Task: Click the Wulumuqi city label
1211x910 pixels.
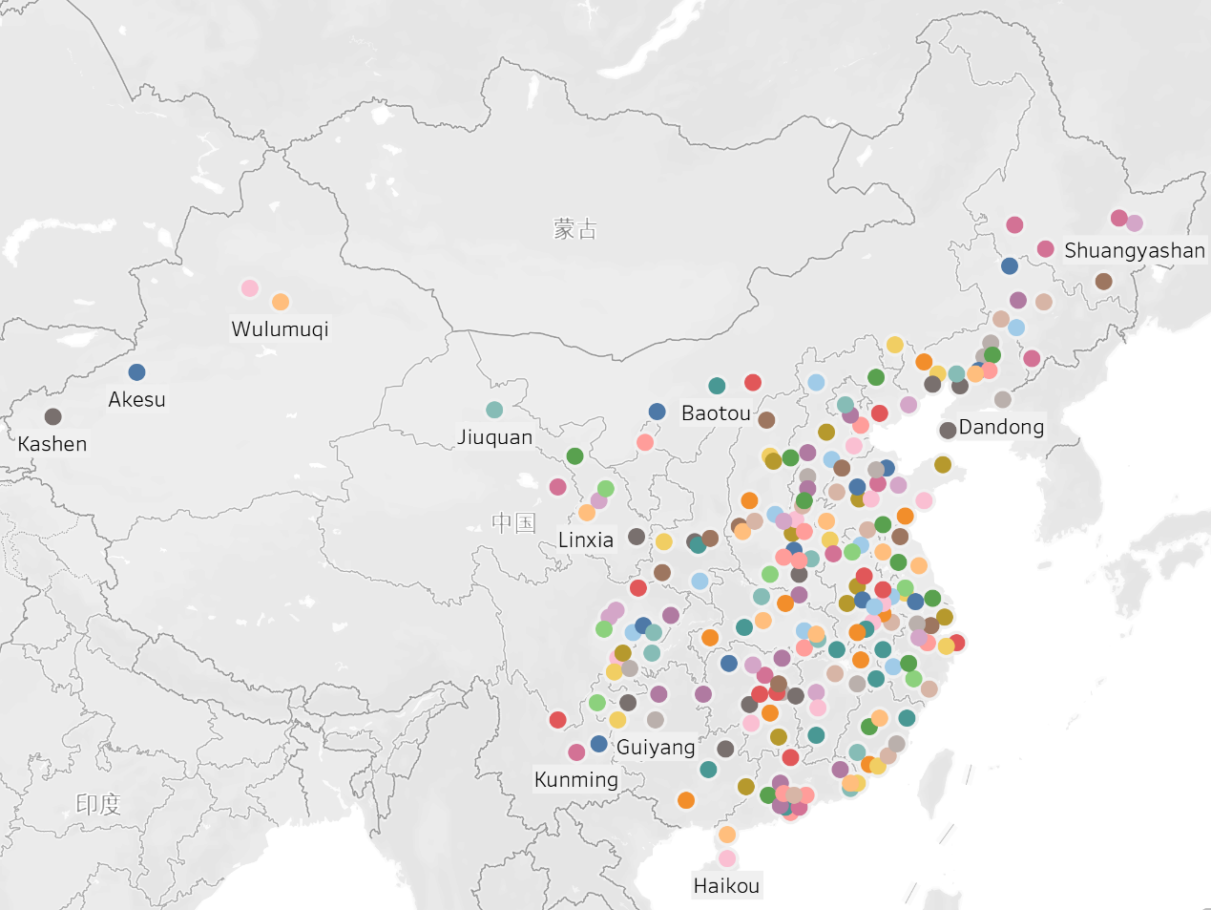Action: click(280, 329)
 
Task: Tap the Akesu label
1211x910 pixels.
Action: click(136, 400)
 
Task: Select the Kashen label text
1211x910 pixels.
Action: click(52, 444)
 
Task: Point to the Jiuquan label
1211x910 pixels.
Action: click(494, 437)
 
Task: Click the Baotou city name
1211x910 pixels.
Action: click(716, 413)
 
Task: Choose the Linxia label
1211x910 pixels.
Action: click(585, 540)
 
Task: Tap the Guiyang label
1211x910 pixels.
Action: click(656, 747)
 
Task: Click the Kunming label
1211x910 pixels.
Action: click(576, 779)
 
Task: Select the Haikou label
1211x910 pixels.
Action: click(726, 886)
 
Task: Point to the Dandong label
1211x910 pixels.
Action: click(1001, 427)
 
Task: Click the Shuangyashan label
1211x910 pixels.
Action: click(1135, 251)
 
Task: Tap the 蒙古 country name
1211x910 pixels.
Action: click(574, 229)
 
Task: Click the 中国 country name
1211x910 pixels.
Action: click(513, 522)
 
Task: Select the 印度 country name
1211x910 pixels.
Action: click(98, 804)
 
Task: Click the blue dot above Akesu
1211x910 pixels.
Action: click(136, 372)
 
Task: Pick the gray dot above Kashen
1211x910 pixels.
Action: click(52, 416)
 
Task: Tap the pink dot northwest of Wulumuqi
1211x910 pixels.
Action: click(249, 288)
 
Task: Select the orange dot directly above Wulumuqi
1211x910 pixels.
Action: click(281, 302)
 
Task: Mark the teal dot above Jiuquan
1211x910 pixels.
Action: click(494, 410)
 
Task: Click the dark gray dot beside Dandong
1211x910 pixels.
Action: click(948, 430)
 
